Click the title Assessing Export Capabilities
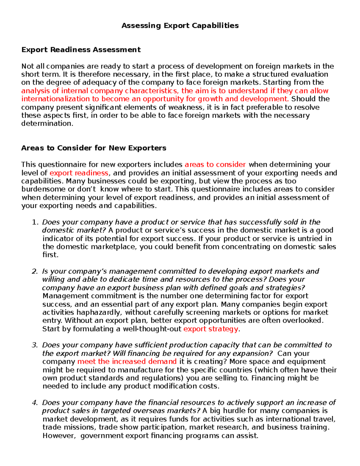pos(180,26)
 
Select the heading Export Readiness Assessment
pos(81,50)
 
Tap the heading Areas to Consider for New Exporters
pos(94,148)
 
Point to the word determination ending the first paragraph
pos(47,124)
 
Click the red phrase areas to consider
pos(215,164)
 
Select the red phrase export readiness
pos(79,173)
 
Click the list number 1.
pos(35,222)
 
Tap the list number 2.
pos(35,271)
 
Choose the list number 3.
pos(35,345)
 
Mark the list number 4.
pos(35,402)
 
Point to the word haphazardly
pos(100,312)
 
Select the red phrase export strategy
pos(211,329)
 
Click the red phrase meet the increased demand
pos(127,362)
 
